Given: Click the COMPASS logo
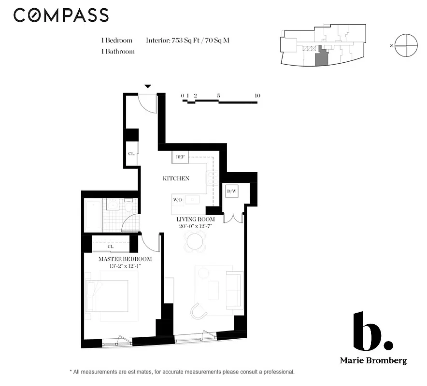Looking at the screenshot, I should pyautogui.click(x=61, y=15).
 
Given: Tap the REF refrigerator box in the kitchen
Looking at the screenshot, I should pyautogui.click(x=180, y=157).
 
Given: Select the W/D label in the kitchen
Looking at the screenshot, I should pyautogui.click(x=178, y=199).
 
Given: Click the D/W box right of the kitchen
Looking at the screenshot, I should pyautogui.click(x=232, y=192).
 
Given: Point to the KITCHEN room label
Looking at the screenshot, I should pyautogui.click(x=176, y=179).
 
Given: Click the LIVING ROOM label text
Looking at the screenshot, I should pyautogui.click(x=195, y=220).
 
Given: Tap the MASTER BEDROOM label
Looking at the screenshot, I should pyautogui.click(x=125, y=259).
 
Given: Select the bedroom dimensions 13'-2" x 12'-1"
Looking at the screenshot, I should pyautogui.click(x=125, y=266).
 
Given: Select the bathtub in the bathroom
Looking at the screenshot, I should pyautogui.click(x=93, y=216).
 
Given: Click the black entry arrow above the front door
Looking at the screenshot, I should pyautogui.click(x=148, y=86).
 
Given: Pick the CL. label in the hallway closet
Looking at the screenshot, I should pyautogui.click(x=131, y=154).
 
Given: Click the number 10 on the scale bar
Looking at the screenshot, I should pyautogui.click(x=257, y=96).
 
